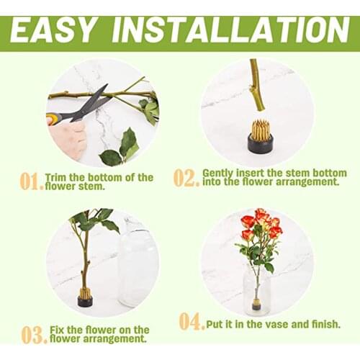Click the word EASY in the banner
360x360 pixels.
[52, 30]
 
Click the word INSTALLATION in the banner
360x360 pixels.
[230, 30]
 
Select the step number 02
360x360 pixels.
[186, 178]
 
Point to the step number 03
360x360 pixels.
[34, 335]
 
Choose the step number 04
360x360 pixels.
[192, 321]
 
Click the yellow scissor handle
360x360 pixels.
[53, 119]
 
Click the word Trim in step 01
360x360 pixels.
[56, 177]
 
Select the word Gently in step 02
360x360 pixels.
[218, 174]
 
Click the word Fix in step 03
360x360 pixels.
[57, 330]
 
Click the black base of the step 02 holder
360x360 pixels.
[261, 144]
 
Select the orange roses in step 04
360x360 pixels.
[262, 225]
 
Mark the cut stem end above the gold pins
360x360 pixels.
[261, 109]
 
